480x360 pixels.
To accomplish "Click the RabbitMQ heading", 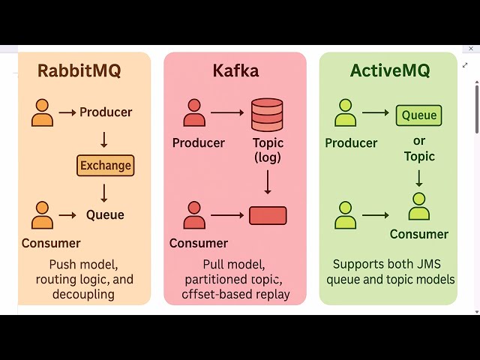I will (79, 71).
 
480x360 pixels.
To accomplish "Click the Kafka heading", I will (235, 71).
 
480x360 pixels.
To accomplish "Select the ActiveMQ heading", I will (390, 71).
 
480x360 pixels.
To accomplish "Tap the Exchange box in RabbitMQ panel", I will (105, 166).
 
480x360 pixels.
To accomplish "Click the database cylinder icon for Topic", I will (267, 113).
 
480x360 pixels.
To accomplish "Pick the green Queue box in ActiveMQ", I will (418, 115).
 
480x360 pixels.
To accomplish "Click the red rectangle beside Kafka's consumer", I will (268, 215).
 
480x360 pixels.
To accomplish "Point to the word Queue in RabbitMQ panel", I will (105, 215).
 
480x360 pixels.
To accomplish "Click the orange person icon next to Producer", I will (43, 112).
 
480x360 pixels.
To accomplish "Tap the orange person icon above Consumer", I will (43, 215).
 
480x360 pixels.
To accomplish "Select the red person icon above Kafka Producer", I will (194, 112).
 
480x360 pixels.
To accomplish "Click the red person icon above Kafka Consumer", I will (194, 215).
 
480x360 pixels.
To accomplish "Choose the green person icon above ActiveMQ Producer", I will (345, 112).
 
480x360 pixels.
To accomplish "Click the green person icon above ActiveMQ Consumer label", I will (418, 206).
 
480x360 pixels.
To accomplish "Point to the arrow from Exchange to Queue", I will (104, 193).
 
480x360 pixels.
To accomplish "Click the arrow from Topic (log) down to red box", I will (267, 182).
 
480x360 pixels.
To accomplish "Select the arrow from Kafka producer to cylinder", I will (227, 113).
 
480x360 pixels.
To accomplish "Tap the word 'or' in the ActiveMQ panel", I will (418, 141).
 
